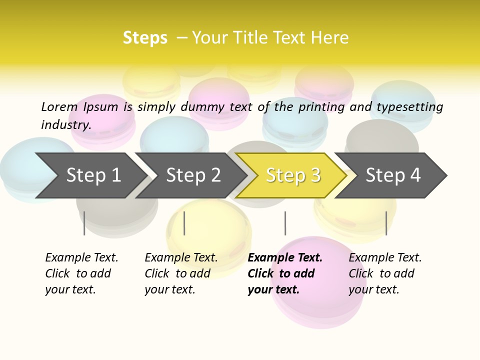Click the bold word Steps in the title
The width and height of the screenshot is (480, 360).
click(145, 38)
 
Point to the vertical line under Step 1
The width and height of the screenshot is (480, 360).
click(84, 223)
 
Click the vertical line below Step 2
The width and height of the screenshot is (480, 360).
click(184, 223)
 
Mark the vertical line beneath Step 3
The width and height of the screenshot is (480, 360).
click(285, 223)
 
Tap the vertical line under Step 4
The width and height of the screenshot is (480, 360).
click(386, 223)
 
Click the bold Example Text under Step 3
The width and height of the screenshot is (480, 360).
click(285, 257)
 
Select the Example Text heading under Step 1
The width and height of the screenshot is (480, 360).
click(81, 257)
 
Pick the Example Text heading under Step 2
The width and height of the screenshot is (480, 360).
click(181, 257)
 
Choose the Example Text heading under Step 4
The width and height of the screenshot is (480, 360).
click(385, 257)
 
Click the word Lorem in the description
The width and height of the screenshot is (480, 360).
click(59, 106)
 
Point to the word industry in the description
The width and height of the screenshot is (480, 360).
click(65, 124)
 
